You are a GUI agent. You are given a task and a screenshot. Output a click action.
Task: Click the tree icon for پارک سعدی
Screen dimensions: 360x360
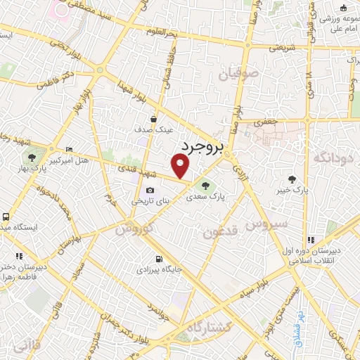pos(205,186)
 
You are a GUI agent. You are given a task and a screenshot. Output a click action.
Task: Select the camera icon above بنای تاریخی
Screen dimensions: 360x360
pos(149,191)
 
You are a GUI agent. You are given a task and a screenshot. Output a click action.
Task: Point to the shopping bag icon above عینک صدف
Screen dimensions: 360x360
pos(153,120)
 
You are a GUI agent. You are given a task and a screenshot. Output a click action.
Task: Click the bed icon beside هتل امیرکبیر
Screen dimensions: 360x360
pos(68,150)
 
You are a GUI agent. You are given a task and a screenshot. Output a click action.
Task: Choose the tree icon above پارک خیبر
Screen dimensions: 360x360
pos(292,180)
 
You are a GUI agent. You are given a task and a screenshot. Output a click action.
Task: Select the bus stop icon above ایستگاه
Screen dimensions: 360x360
pos(6,217)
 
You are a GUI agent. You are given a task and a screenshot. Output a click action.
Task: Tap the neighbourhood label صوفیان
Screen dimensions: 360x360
pos(240,72)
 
